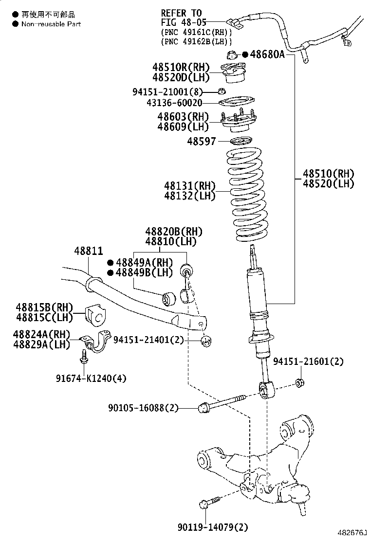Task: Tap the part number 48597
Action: click(x=198, y=141)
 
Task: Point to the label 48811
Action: click(x=88, y=251)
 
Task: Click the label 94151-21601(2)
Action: click(x=308, y=361)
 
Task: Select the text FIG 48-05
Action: click(x=184, y=22)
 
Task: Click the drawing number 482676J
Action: click(x=351, y=534)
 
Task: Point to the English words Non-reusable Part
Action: click(x=51, y=24)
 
